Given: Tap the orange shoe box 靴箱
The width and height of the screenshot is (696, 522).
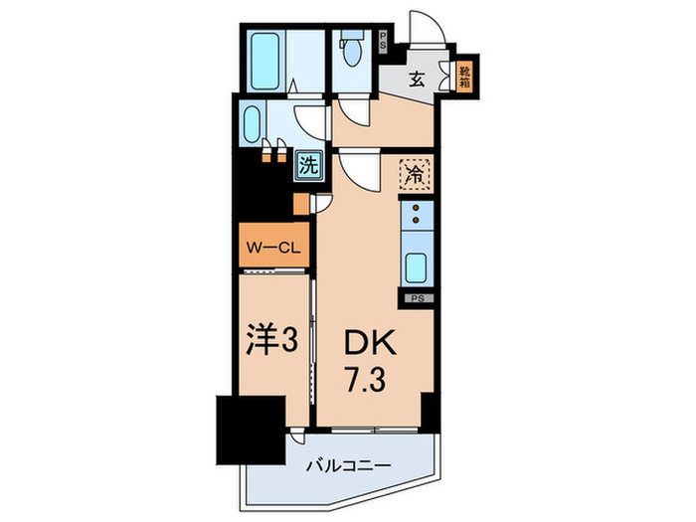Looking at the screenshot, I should coord(463,77).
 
